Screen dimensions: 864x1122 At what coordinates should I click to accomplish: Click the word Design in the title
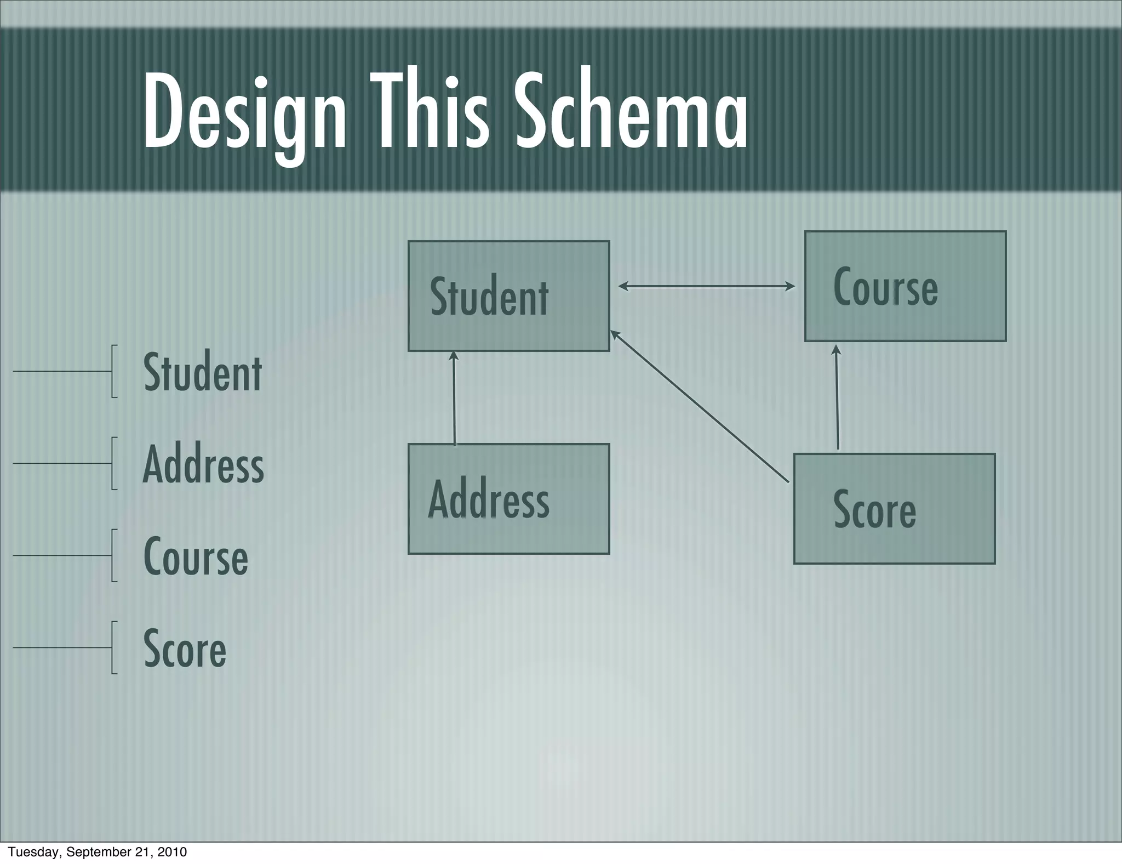(244, 112)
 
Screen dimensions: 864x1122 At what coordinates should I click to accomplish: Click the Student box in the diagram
(508, 296)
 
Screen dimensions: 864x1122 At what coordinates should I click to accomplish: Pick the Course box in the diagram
(905, 286)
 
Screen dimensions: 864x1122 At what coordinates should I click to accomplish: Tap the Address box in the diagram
(508, 499)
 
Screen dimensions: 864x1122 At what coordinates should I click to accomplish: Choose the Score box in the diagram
(894, 509)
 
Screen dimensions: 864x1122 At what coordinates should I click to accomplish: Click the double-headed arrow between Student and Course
(706, 286)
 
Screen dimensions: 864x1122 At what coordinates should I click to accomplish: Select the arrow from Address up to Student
(454, 397)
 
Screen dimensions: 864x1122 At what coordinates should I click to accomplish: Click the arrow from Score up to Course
(837, 397)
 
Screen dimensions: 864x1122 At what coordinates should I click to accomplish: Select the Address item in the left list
(203, 464)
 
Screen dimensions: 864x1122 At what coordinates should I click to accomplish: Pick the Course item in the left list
(196, 556)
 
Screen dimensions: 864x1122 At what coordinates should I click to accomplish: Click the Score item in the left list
(185, 648)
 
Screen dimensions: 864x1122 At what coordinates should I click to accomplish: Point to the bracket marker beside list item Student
(113, 371)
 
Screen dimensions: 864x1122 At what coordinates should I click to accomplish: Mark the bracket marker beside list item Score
(113, 647)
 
